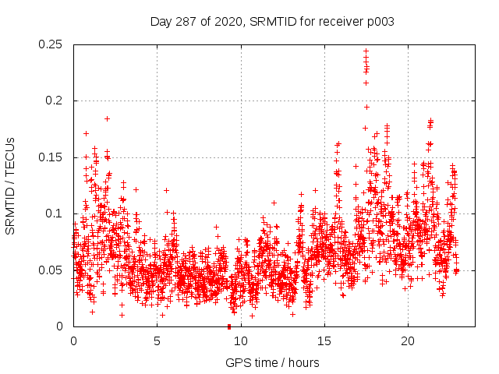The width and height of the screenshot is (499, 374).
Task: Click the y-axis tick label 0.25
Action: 51,44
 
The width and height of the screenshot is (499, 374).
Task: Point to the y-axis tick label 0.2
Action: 54,101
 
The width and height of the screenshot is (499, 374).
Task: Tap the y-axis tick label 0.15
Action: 51,157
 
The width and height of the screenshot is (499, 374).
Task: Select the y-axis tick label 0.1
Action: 54,213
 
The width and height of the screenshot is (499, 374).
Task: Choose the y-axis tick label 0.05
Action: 51,270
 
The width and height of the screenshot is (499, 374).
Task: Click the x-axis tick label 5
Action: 157,341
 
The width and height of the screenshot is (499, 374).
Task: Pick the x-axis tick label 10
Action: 240,341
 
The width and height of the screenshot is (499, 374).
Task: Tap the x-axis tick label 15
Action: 324,341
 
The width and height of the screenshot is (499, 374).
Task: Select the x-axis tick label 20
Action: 407,341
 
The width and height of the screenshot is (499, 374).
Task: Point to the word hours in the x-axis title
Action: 300,362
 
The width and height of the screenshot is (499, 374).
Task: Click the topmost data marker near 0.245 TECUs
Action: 366,51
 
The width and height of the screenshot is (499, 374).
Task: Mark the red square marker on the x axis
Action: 228,326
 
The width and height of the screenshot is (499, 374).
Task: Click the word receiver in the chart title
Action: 342,21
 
